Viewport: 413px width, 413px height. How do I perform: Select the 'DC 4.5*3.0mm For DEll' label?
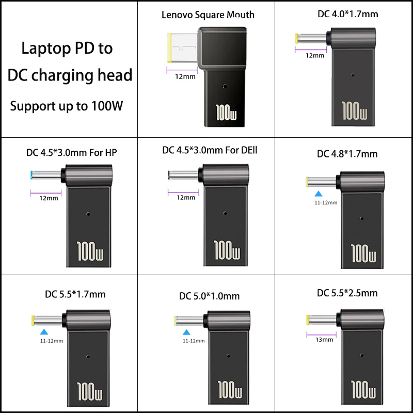click(x=210, y=151)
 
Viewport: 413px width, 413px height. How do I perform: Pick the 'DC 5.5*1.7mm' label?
click(x=75, y=295)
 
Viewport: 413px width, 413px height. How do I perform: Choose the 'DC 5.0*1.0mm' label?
click(x=210, y=296)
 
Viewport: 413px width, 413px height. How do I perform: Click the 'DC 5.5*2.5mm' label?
click(x=347, y=293)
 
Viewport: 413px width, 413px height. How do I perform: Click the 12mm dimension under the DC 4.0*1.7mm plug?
click(x=315, y=55)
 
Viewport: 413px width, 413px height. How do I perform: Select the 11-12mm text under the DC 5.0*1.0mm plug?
click(x=194, y=341)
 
